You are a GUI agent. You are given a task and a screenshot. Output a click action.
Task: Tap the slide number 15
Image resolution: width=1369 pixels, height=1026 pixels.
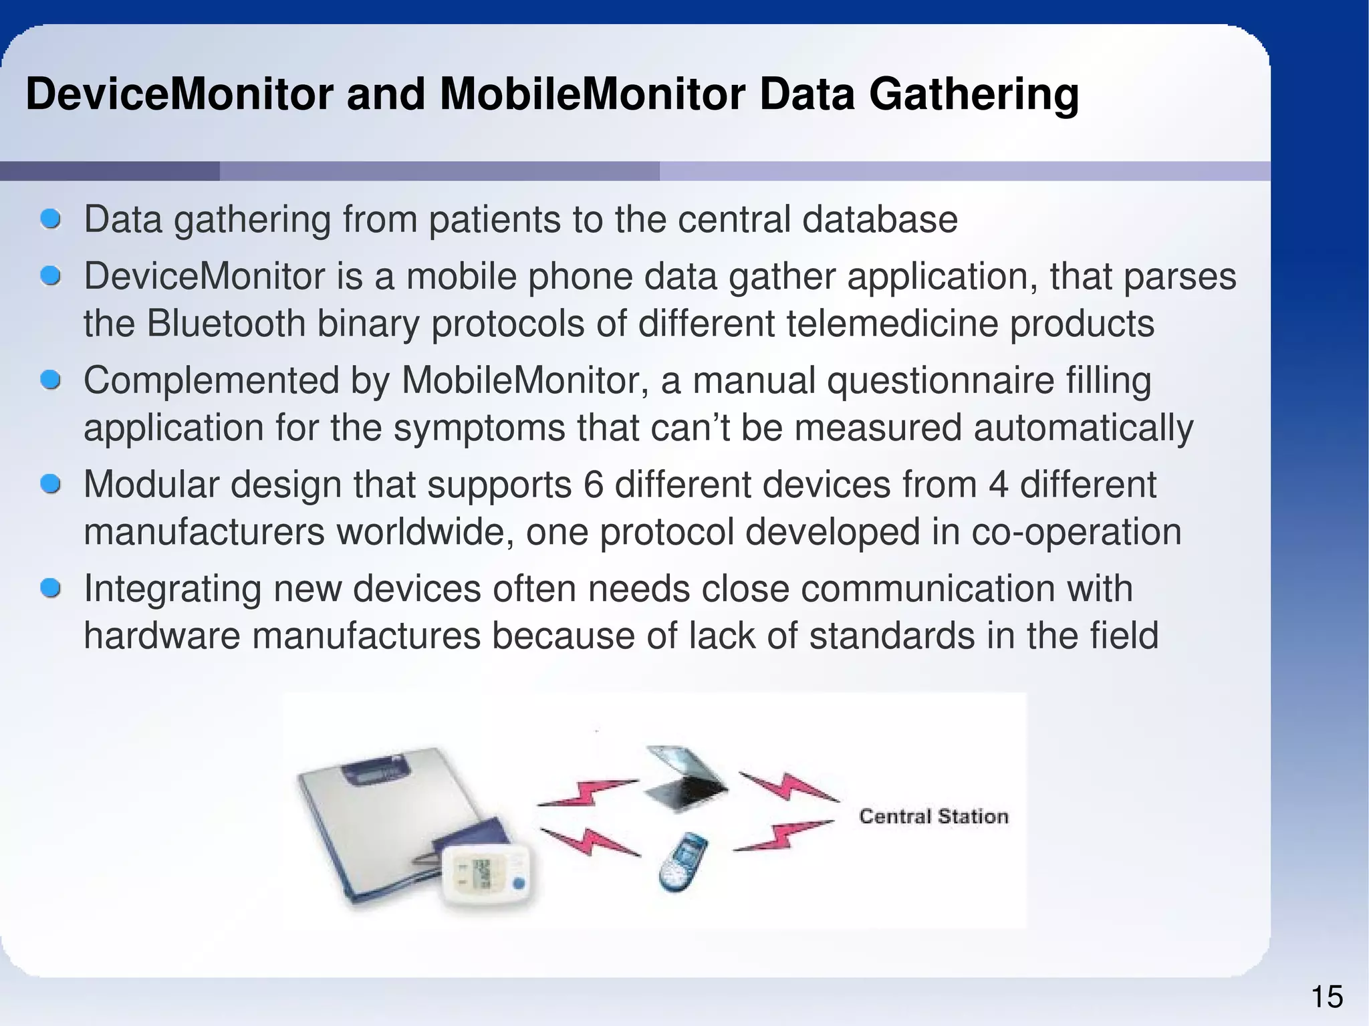(1327, 997)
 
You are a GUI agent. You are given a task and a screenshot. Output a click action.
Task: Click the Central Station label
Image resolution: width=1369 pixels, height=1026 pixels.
(933, 816)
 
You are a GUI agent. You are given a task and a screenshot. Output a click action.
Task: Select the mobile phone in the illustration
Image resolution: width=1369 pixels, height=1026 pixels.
(682, 862)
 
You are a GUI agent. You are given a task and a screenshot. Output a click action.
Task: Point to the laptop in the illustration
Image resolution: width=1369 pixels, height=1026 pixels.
(685, 779)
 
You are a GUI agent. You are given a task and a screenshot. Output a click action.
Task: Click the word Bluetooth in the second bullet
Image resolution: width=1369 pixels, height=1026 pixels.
(225, 324)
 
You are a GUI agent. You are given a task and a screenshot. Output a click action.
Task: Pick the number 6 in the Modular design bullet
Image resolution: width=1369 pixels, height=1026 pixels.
(593, 485)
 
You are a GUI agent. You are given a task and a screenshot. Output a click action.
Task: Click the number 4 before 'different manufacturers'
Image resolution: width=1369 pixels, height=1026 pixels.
(997, 485)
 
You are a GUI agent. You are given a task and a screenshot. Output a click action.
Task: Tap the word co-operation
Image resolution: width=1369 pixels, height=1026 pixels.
(1076, 533)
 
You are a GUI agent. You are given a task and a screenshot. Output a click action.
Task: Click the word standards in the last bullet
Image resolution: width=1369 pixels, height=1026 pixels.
(892, 636)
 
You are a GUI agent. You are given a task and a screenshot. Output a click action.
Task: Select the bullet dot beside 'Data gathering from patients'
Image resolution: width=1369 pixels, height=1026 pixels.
(50, 219)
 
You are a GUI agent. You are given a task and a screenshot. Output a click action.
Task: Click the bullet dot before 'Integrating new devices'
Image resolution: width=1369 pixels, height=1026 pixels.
(50, 589)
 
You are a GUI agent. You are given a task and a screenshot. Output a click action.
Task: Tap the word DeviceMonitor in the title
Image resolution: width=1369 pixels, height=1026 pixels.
(179, 95)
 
